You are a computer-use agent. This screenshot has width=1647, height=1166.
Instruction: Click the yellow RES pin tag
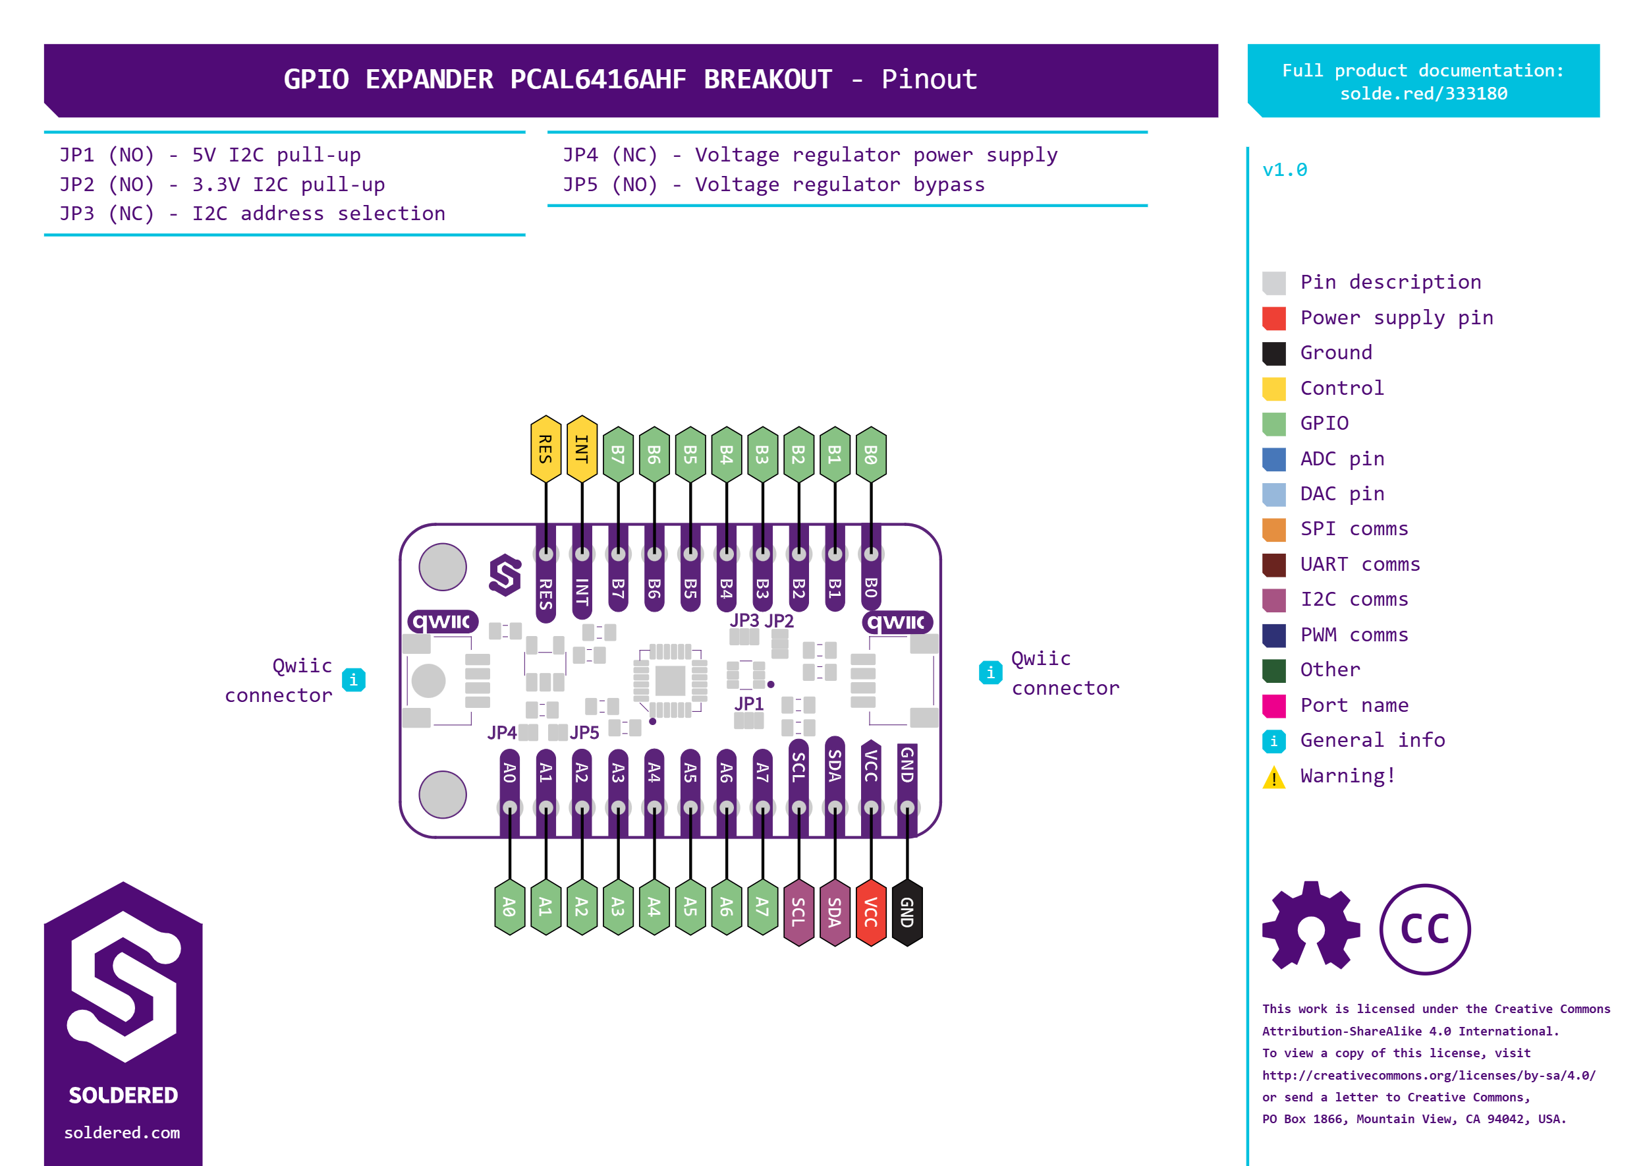click(545, 449)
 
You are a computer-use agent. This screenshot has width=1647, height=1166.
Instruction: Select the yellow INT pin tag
click(582, 449)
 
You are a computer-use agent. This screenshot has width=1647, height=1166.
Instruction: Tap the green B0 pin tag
click(871, 455)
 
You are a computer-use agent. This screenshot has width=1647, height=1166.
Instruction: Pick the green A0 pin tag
click(509, 907)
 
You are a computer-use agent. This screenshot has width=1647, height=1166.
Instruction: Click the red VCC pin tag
click(871, 912)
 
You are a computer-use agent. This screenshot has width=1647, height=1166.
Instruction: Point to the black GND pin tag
click(907, 912)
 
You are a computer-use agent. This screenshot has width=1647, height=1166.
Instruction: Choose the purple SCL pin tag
click(798, 912)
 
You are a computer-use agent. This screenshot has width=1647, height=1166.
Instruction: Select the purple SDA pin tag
click(835, 912)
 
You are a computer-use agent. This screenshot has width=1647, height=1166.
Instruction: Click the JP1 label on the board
click(748, 704)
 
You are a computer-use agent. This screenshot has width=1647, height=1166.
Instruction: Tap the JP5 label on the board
click(584, 732)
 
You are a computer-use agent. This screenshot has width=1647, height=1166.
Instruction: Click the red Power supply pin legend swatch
click(1274, 318)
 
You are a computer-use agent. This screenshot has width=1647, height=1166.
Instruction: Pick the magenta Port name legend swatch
click(1274, 706)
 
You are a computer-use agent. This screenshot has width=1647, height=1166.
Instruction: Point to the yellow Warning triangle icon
click(1274, 778)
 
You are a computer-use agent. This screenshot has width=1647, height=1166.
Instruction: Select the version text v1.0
click(1285, 170)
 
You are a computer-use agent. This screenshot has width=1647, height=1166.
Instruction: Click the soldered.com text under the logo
click(122, 1133)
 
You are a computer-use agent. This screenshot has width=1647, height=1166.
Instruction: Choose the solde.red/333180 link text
click(1424, 94)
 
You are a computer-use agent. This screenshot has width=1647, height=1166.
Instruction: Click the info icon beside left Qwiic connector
click(353, 679)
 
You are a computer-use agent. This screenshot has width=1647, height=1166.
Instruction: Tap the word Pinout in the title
click(930, 79)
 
